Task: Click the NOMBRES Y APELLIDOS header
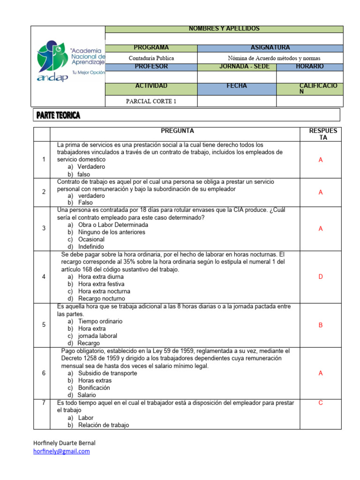point(224,29)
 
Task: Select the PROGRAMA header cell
point(151,48)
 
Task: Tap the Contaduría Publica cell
point(151,58)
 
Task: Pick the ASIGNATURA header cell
point(270,48)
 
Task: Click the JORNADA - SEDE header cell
point(237,67)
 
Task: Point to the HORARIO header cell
point(309,67)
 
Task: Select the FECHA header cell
point(237,86)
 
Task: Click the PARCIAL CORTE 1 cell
point(151,101)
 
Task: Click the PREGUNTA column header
point(177,131)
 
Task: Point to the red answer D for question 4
point(321,277)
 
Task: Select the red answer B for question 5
point(321,325)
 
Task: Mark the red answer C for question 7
point(321,403)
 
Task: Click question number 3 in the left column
point(44,228)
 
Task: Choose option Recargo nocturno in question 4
point(101,299)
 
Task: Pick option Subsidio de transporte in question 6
point(107,373)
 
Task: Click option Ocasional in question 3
point(91,239)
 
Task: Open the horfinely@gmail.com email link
point(61,451)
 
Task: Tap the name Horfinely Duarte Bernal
point(64,443)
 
